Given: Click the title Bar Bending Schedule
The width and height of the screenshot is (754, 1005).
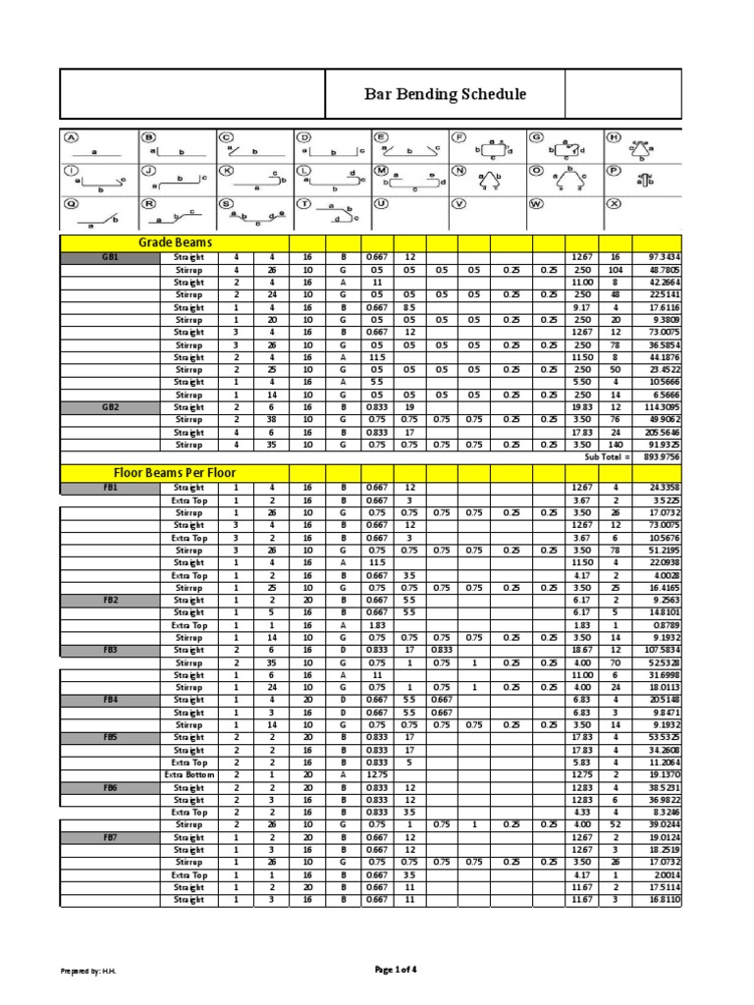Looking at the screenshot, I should click(x=446, y=94).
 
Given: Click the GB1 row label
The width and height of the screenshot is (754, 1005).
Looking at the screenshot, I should click(x=109, y=258).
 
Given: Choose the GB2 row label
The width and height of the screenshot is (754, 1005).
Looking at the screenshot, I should click(x=109, y=406).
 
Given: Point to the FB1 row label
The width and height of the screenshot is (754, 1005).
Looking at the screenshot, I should click(x=109, y=488).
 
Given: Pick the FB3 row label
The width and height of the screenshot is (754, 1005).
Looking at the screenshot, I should click(x=109, y=650).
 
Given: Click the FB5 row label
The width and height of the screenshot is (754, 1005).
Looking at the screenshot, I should click(x=109, y=736).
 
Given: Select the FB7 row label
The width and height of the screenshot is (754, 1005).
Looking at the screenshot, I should click(x=109, y=837).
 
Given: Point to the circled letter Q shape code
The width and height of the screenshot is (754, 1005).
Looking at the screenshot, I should click(x=71, y=204).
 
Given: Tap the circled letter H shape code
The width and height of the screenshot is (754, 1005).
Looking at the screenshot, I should click(x=615, y=138).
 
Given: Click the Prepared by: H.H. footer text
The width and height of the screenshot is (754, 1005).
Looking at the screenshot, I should click(x=89, y=971).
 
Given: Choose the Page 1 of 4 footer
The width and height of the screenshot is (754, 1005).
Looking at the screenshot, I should click(x=397, y=970).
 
